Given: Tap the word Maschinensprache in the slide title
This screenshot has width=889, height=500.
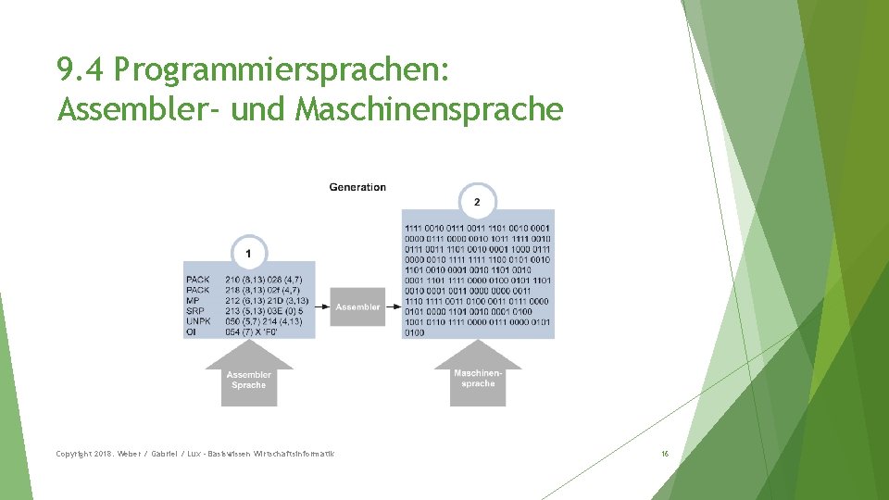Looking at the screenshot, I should tap(429, 110).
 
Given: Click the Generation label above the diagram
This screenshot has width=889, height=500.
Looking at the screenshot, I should tap(357, 187).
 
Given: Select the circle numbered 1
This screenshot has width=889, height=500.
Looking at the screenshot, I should tap(248, 252).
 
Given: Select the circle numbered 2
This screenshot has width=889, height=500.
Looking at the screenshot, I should tap(477, 201).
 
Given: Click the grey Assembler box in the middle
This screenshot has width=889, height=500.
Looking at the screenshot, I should tap(357, 306).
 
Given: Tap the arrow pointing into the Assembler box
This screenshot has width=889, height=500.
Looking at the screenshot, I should tap(322, 306).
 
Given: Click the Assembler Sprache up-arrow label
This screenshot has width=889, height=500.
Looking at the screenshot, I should tap(248, 379).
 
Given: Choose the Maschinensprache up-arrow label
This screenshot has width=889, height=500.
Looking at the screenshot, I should tap(478, 378).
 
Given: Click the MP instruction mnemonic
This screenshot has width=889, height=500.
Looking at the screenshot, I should tap(193, 300).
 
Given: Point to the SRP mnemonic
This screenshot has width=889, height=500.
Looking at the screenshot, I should tap(195, 310).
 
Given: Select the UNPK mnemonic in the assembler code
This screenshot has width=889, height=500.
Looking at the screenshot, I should tap(198, 321).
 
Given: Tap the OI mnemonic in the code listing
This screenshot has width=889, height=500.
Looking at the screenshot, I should tap(191, 331).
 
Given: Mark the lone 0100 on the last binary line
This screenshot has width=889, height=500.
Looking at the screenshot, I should tap(415, 331).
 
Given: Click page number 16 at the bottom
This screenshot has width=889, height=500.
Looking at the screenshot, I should tap(664, 454).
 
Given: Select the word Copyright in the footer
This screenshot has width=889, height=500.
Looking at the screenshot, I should tap(75, 454).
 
